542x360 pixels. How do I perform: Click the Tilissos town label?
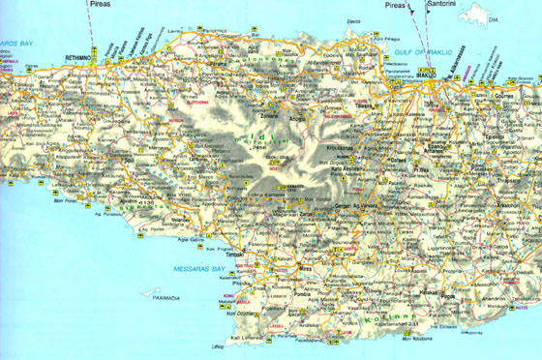point(362,106)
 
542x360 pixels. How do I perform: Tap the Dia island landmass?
point(480,14)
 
